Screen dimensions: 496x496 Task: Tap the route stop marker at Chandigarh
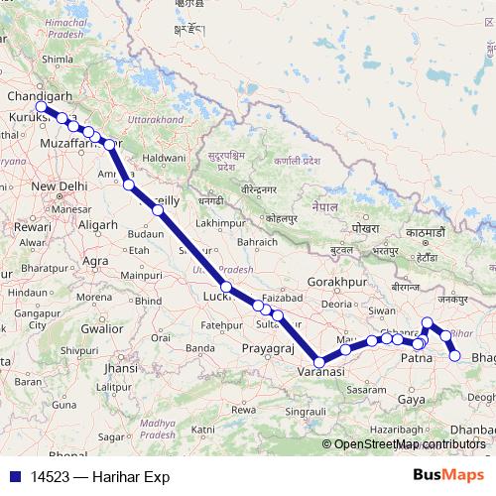pyautogui.click(x=41, y=107)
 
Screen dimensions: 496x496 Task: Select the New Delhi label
pyautogui.click(x=61, y=186)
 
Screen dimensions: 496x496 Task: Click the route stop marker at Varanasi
pyautogui.click(x=318, y=361)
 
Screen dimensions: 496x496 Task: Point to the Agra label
pyautogui.click(x=96, y=261)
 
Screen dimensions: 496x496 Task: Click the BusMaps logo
pyautogui.click(x=448, y=475)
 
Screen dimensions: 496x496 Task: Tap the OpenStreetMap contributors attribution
pyautogui.click(x=409, y=444)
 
